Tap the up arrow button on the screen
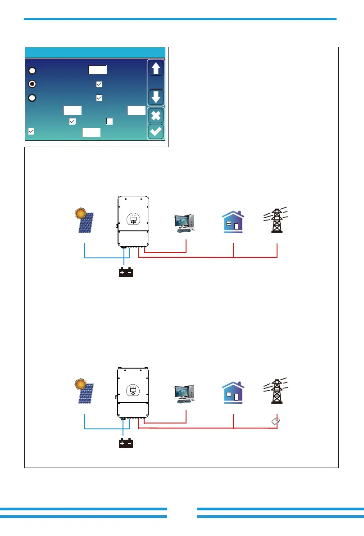coord(156,69)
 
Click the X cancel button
coord(156,116)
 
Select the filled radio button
coord(32,84)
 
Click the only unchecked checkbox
coord(109,121)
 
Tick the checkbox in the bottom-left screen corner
coord(31,131)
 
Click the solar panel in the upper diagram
coord(86,222)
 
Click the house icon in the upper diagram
coord(233,222)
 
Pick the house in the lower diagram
coord(233,393)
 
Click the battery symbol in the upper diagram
coord(125,273)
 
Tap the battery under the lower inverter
coord(125,443)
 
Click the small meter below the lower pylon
coord(276,421)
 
